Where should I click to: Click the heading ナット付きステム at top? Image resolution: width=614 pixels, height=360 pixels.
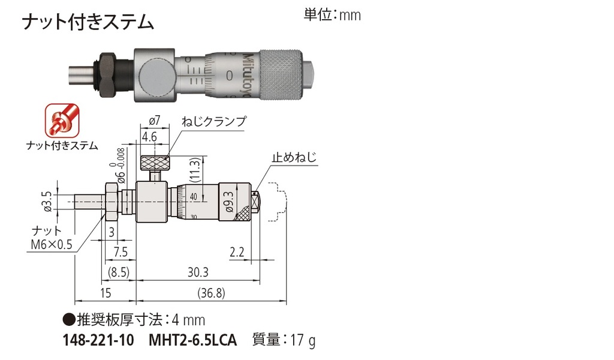[88, 23]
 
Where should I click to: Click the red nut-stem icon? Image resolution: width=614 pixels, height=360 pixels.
[61, 120]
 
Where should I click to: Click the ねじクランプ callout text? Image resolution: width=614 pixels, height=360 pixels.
[213, 121]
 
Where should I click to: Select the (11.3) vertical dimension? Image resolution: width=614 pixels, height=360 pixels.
[194, 170]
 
